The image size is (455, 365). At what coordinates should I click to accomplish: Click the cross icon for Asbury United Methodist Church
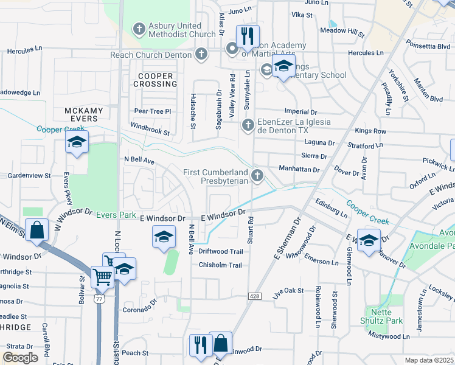139,29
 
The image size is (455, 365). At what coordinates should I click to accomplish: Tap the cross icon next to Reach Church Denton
202,55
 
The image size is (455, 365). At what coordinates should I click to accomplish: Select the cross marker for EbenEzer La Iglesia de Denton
248,126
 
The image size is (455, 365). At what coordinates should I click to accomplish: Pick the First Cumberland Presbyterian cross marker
258,176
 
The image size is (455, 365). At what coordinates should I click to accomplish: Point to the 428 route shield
254,296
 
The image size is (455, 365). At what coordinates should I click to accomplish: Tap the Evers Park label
119,215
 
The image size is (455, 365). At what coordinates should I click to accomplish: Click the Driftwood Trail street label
220,251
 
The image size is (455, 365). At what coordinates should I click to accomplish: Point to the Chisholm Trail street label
220,265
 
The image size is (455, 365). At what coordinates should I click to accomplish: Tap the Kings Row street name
370,131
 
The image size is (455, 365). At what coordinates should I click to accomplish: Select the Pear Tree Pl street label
153,111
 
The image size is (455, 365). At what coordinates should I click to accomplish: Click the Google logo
20,358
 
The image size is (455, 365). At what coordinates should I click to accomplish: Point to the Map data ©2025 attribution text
428,360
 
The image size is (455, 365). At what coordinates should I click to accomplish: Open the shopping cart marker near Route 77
102,277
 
